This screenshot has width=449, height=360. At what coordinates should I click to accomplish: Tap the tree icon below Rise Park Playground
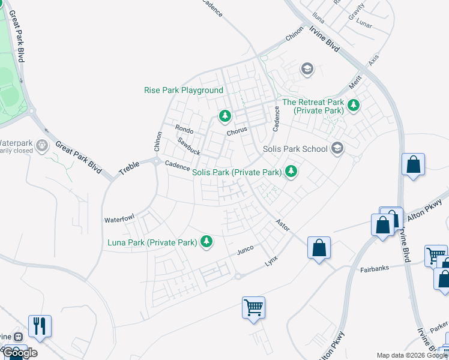point(224,115)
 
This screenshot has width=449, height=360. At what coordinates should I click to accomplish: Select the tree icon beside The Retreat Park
point(354,106)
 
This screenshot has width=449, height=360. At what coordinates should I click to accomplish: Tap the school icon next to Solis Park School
point(337,148)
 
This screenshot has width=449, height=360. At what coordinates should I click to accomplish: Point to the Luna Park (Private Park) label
point(152,242)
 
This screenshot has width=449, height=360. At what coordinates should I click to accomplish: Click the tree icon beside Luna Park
point(206,242)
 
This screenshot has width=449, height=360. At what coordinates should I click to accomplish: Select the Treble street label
point(129,167)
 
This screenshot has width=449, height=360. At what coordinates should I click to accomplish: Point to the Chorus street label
point(237,131)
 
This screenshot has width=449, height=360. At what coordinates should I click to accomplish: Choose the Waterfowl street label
point(119,220)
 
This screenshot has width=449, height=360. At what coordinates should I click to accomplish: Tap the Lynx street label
point(272,262)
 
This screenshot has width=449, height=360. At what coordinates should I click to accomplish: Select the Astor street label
point(282,223)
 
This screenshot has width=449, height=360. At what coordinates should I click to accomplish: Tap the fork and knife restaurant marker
point(40,326)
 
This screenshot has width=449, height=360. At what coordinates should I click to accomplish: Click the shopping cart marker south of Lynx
point(253,308)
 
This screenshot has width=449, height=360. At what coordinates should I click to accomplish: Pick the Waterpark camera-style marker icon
point(41,145)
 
